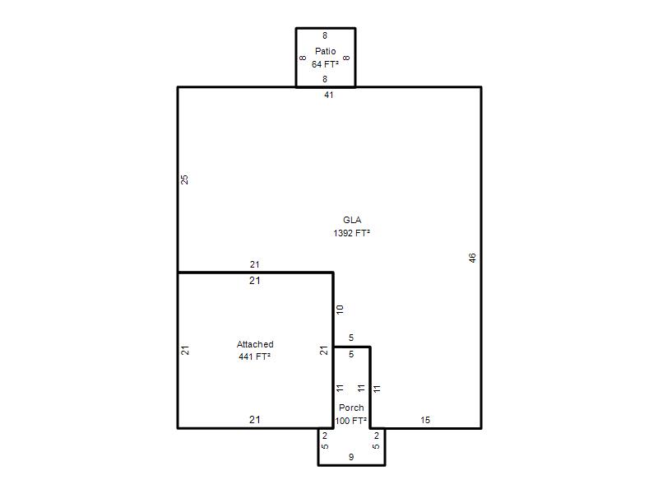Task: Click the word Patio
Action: pos(325,51)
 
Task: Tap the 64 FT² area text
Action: pos(325,64)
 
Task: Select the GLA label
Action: pos(352,220)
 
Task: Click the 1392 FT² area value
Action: pos(352,233)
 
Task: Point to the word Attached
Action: pos(255,344)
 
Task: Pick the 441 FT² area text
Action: pos(254,357)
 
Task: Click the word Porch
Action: pos(351,408)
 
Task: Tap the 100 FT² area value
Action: pos(351,421)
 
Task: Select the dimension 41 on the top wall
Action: pos(328,95)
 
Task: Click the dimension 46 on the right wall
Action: pos(472,258)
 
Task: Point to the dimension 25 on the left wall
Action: pos(184,179)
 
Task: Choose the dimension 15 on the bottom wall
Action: pos(425,420)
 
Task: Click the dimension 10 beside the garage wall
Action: pos(340,310)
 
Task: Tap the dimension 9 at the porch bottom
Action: pos(351,457)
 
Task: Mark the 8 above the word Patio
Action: pos(325,35)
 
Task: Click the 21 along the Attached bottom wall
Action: pos(255,419)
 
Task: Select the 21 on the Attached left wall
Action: pos(185,351)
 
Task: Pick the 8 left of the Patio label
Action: pos(303,58)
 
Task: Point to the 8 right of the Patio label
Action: pos(346,58)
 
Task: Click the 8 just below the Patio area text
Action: pos(325,79)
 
